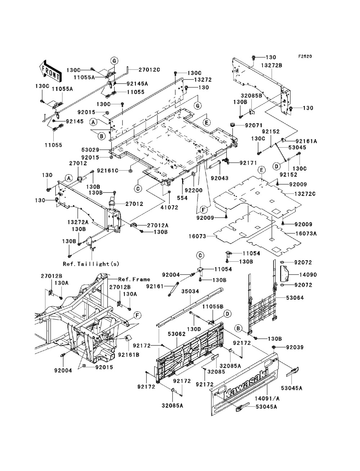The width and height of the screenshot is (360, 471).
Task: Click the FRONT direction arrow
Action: (x=50, y=71)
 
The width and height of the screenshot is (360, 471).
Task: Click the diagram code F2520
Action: (x=305, y=56)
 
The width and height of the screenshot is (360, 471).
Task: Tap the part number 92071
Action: (x=254, y=125)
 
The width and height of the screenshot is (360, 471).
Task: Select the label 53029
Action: (x=90, y=150)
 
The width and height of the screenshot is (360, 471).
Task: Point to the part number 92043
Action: (x=219, y=178)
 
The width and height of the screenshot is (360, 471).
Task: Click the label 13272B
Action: (x=272, y=65)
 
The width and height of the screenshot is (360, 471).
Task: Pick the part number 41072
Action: (x=169, y=207)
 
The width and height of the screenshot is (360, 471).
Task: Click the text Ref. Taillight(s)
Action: (x=91, y=264)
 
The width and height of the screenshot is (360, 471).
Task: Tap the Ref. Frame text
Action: (x=134, y=279)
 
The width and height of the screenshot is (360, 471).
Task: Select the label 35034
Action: (x=190, y=291)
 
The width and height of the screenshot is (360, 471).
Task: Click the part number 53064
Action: (x=295, y=298)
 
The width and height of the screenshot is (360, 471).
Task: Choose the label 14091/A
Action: (x=267, y=398)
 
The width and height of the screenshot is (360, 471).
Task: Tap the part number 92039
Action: (x=294, y=347)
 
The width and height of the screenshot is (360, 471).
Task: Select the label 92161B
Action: (x=129, y=355)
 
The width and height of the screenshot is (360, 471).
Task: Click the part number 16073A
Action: (x=306, y=233)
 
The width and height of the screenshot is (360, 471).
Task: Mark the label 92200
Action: (x=194, y=190)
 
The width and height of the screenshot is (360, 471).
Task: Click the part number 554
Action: (x=182, y=198)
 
